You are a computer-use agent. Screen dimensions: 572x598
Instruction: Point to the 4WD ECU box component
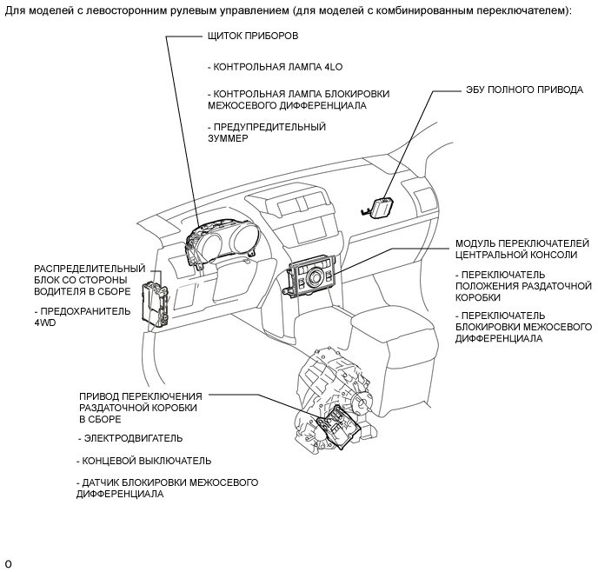click(380, 207)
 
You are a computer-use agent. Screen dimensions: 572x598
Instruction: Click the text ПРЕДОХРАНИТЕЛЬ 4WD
click(83, 316)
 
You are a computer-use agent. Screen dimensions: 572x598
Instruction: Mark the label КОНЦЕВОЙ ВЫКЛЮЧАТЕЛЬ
click(143, 461)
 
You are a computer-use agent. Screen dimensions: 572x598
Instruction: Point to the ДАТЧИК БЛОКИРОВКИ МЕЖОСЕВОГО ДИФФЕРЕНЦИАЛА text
click(167, 488)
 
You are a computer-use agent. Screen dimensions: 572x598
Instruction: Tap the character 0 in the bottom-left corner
click(8, 563)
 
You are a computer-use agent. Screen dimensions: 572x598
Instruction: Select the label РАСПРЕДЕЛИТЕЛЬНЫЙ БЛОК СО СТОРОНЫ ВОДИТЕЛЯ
click(90, 279)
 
